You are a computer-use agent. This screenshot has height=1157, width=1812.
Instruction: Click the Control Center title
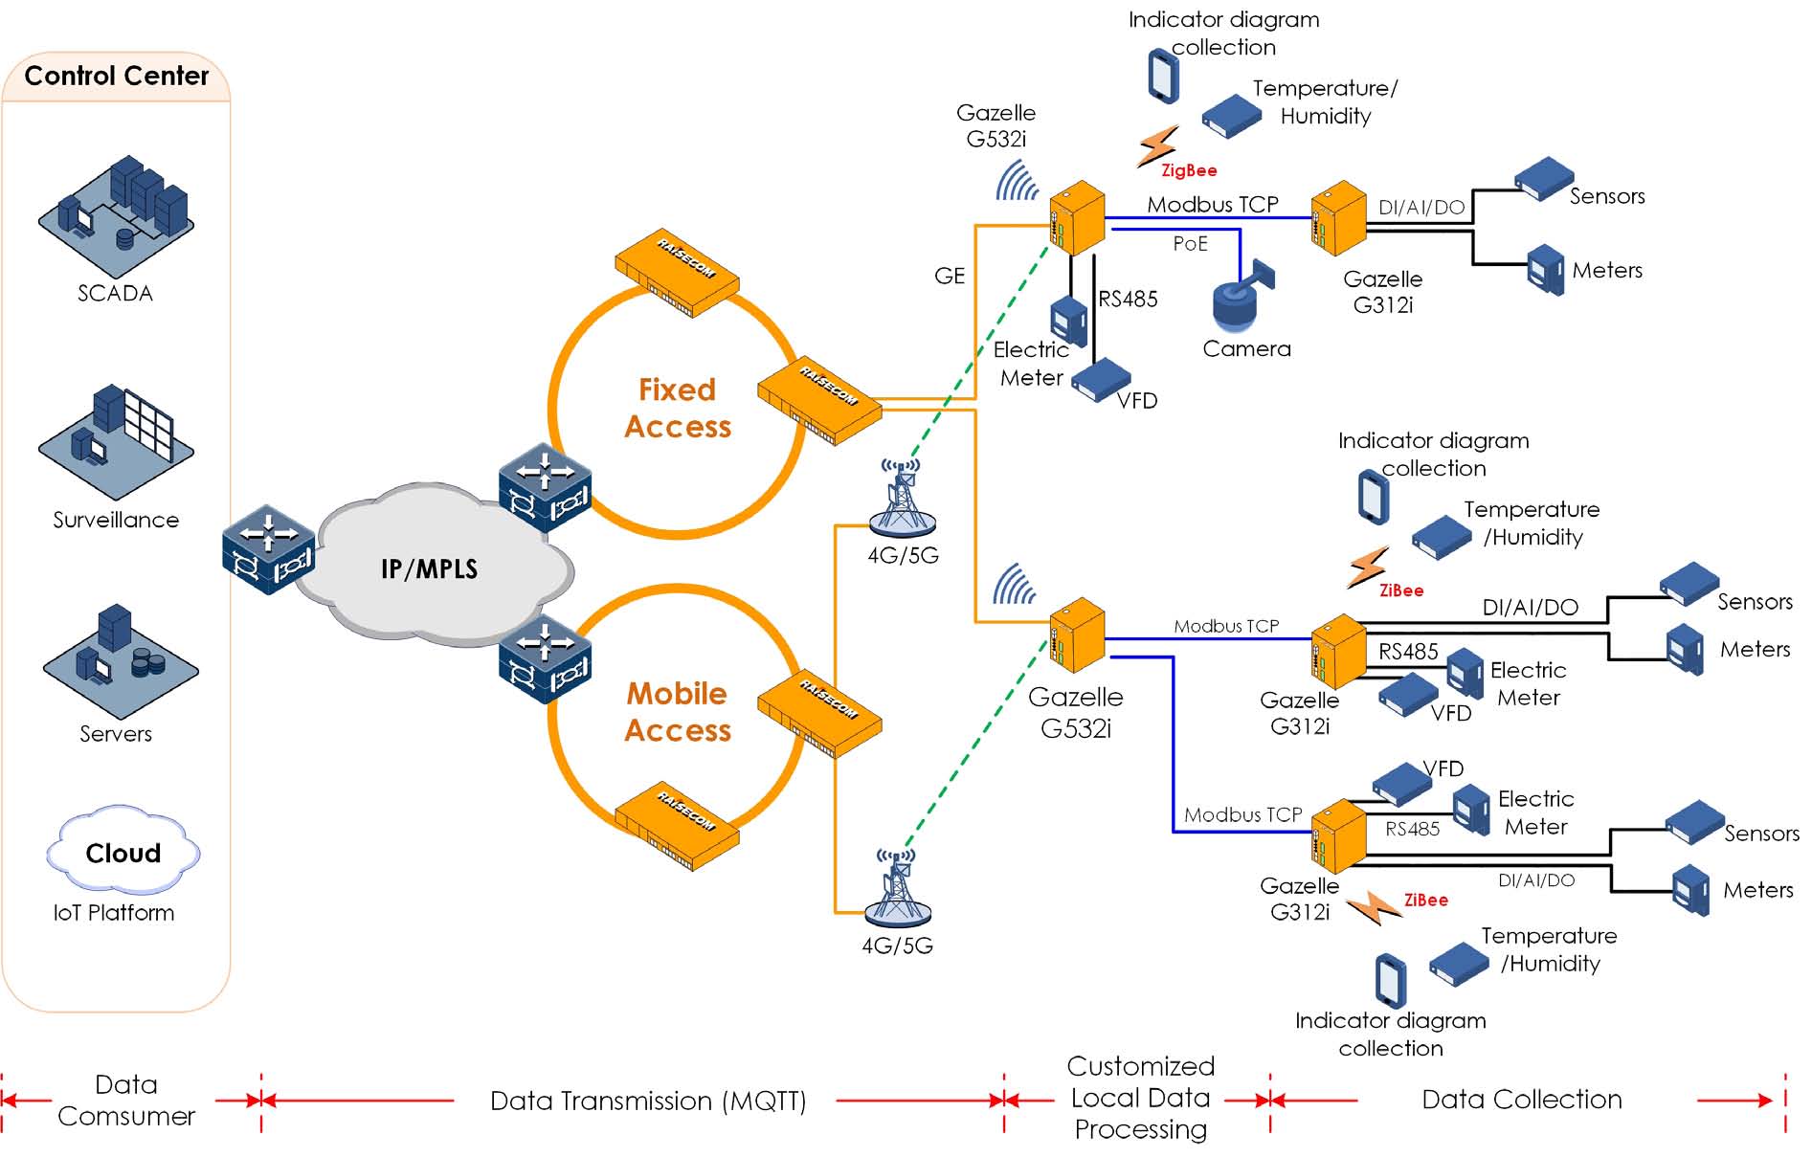pos(116,76)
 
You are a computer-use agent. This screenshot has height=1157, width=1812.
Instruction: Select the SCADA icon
pos(116,216)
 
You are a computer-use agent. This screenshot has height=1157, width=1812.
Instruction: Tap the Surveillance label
pos(116,520)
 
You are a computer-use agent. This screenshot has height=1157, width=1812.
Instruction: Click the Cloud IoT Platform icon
pos(123,851)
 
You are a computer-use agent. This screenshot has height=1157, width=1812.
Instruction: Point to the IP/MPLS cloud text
pos(429,568)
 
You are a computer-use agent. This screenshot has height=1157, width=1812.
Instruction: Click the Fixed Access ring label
pos(678,408)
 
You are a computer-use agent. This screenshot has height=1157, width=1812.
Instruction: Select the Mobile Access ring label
pos(678,711)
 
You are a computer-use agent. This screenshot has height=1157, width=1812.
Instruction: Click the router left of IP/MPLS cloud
pos(268,550)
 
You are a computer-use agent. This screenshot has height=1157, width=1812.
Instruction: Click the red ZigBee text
pos(1189,170)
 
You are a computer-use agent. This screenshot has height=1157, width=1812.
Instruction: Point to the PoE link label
pos(1190,243)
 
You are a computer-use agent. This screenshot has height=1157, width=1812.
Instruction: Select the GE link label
pos(949,276)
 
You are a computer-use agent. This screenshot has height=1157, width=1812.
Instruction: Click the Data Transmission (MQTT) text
pos(648,1101)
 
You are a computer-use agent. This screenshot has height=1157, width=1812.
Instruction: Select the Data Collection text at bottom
pos(1521,1099)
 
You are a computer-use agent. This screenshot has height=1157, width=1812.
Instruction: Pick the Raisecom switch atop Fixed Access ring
pos(678,272)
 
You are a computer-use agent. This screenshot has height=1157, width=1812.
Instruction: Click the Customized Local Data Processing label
pos(1140,1098)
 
